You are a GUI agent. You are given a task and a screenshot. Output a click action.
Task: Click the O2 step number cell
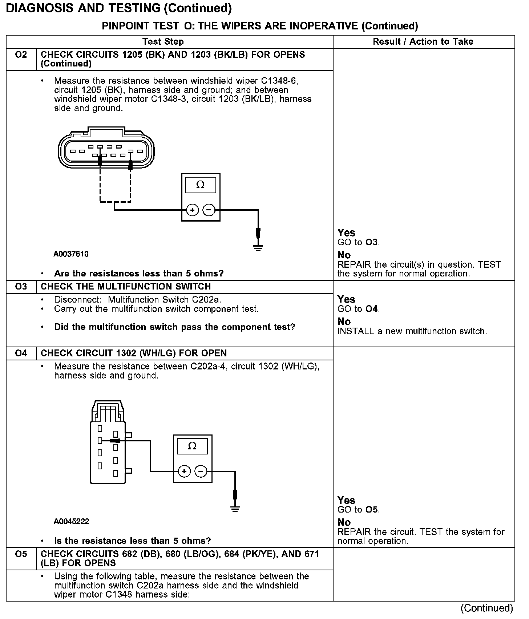pos(21,55)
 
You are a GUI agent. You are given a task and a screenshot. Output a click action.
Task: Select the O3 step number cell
pos(21,287)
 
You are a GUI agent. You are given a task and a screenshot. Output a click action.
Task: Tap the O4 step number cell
pos(21,353)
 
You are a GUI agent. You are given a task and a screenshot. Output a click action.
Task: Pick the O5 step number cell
pos(21,554)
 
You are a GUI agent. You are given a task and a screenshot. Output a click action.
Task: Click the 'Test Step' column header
pos(163,42)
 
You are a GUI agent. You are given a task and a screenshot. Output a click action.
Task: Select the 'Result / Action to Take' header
pos(423,42)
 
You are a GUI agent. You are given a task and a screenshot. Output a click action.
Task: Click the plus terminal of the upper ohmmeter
pos(192,210)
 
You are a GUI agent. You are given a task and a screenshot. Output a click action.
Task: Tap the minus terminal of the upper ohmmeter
pos(209,210)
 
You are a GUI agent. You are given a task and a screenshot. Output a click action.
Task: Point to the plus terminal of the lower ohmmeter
pos(184,472)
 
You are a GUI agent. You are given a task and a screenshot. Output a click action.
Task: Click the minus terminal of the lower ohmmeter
pos(201,472)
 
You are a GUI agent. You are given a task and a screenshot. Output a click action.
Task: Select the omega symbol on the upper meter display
pos(200,185)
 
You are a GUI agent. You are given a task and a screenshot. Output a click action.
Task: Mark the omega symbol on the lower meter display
pos(192,446)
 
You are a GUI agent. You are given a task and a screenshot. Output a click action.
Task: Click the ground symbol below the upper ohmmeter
pos(258,247)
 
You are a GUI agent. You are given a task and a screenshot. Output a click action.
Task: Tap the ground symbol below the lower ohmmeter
pos(235,508)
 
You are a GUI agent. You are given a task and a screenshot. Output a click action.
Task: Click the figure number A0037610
pos(71,254)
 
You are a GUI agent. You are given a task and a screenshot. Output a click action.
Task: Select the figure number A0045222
pos(71,522)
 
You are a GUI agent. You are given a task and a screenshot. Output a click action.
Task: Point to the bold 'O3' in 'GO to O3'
pos(372,242)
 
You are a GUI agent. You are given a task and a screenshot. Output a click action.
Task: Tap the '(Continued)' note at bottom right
pos(486,608)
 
